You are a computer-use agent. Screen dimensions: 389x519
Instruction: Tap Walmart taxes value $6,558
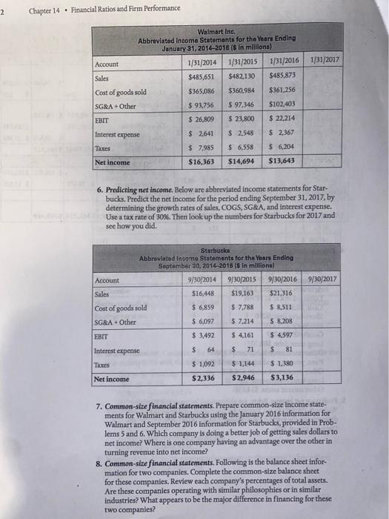pos(251,147)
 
